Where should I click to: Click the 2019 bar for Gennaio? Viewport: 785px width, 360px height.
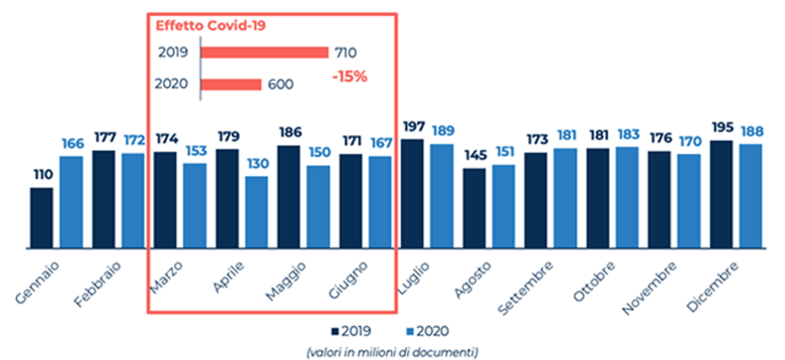[x=41, y=217]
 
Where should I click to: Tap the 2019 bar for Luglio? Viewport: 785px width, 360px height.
[x=411, y=193]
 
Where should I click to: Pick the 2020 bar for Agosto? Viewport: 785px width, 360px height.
[x=503, y=205]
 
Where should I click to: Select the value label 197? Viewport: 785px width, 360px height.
[x=411, y=127]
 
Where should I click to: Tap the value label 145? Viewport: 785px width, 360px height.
[x=475, y=156]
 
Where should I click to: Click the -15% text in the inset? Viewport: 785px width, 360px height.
[x=349, y=76]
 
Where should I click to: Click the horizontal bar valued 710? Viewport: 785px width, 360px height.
[x=265, y=52]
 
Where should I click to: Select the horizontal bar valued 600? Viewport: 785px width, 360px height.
[x=232, y=85]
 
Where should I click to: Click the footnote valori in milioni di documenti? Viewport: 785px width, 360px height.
[x=392, y=350]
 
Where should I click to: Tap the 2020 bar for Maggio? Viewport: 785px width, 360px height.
[x=318, y=206]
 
